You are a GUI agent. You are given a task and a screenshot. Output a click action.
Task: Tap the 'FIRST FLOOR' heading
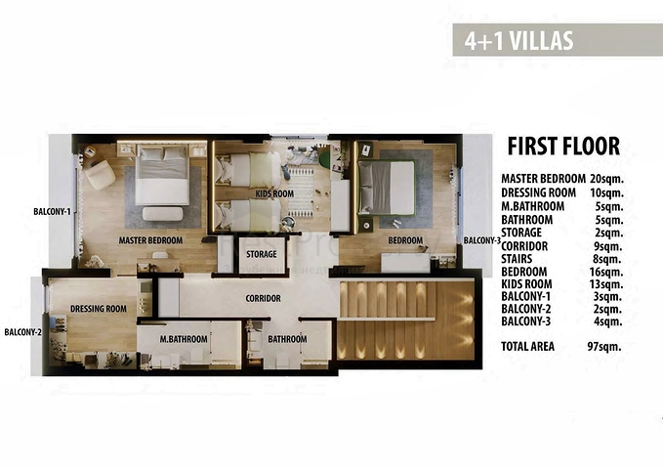point(563,147)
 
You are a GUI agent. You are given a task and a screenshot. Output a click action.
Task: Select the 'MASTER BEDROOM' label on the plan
point(153,240)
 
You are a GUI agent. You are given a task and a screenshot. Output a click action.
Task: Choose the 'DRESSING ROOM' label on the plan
point(99,309)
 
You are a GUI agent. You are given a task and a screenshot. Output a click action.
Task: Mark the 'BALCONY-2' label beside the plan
point(22,332)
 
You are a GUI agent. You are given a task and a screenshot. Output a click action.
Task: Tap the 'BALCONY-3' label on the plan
point(482,240)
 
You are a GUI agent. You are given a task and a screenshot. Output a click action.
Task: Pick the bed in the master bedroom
point(162,177)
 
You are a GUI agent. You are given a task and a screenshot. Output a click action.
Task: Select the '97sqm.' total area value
point(604,346)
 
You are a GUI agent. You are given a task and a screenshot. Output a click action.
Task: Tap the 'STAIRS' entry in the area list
point(519,259)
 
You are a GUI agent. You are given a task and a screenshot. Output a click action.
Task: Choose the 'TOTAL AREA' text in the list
point(533,346)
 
